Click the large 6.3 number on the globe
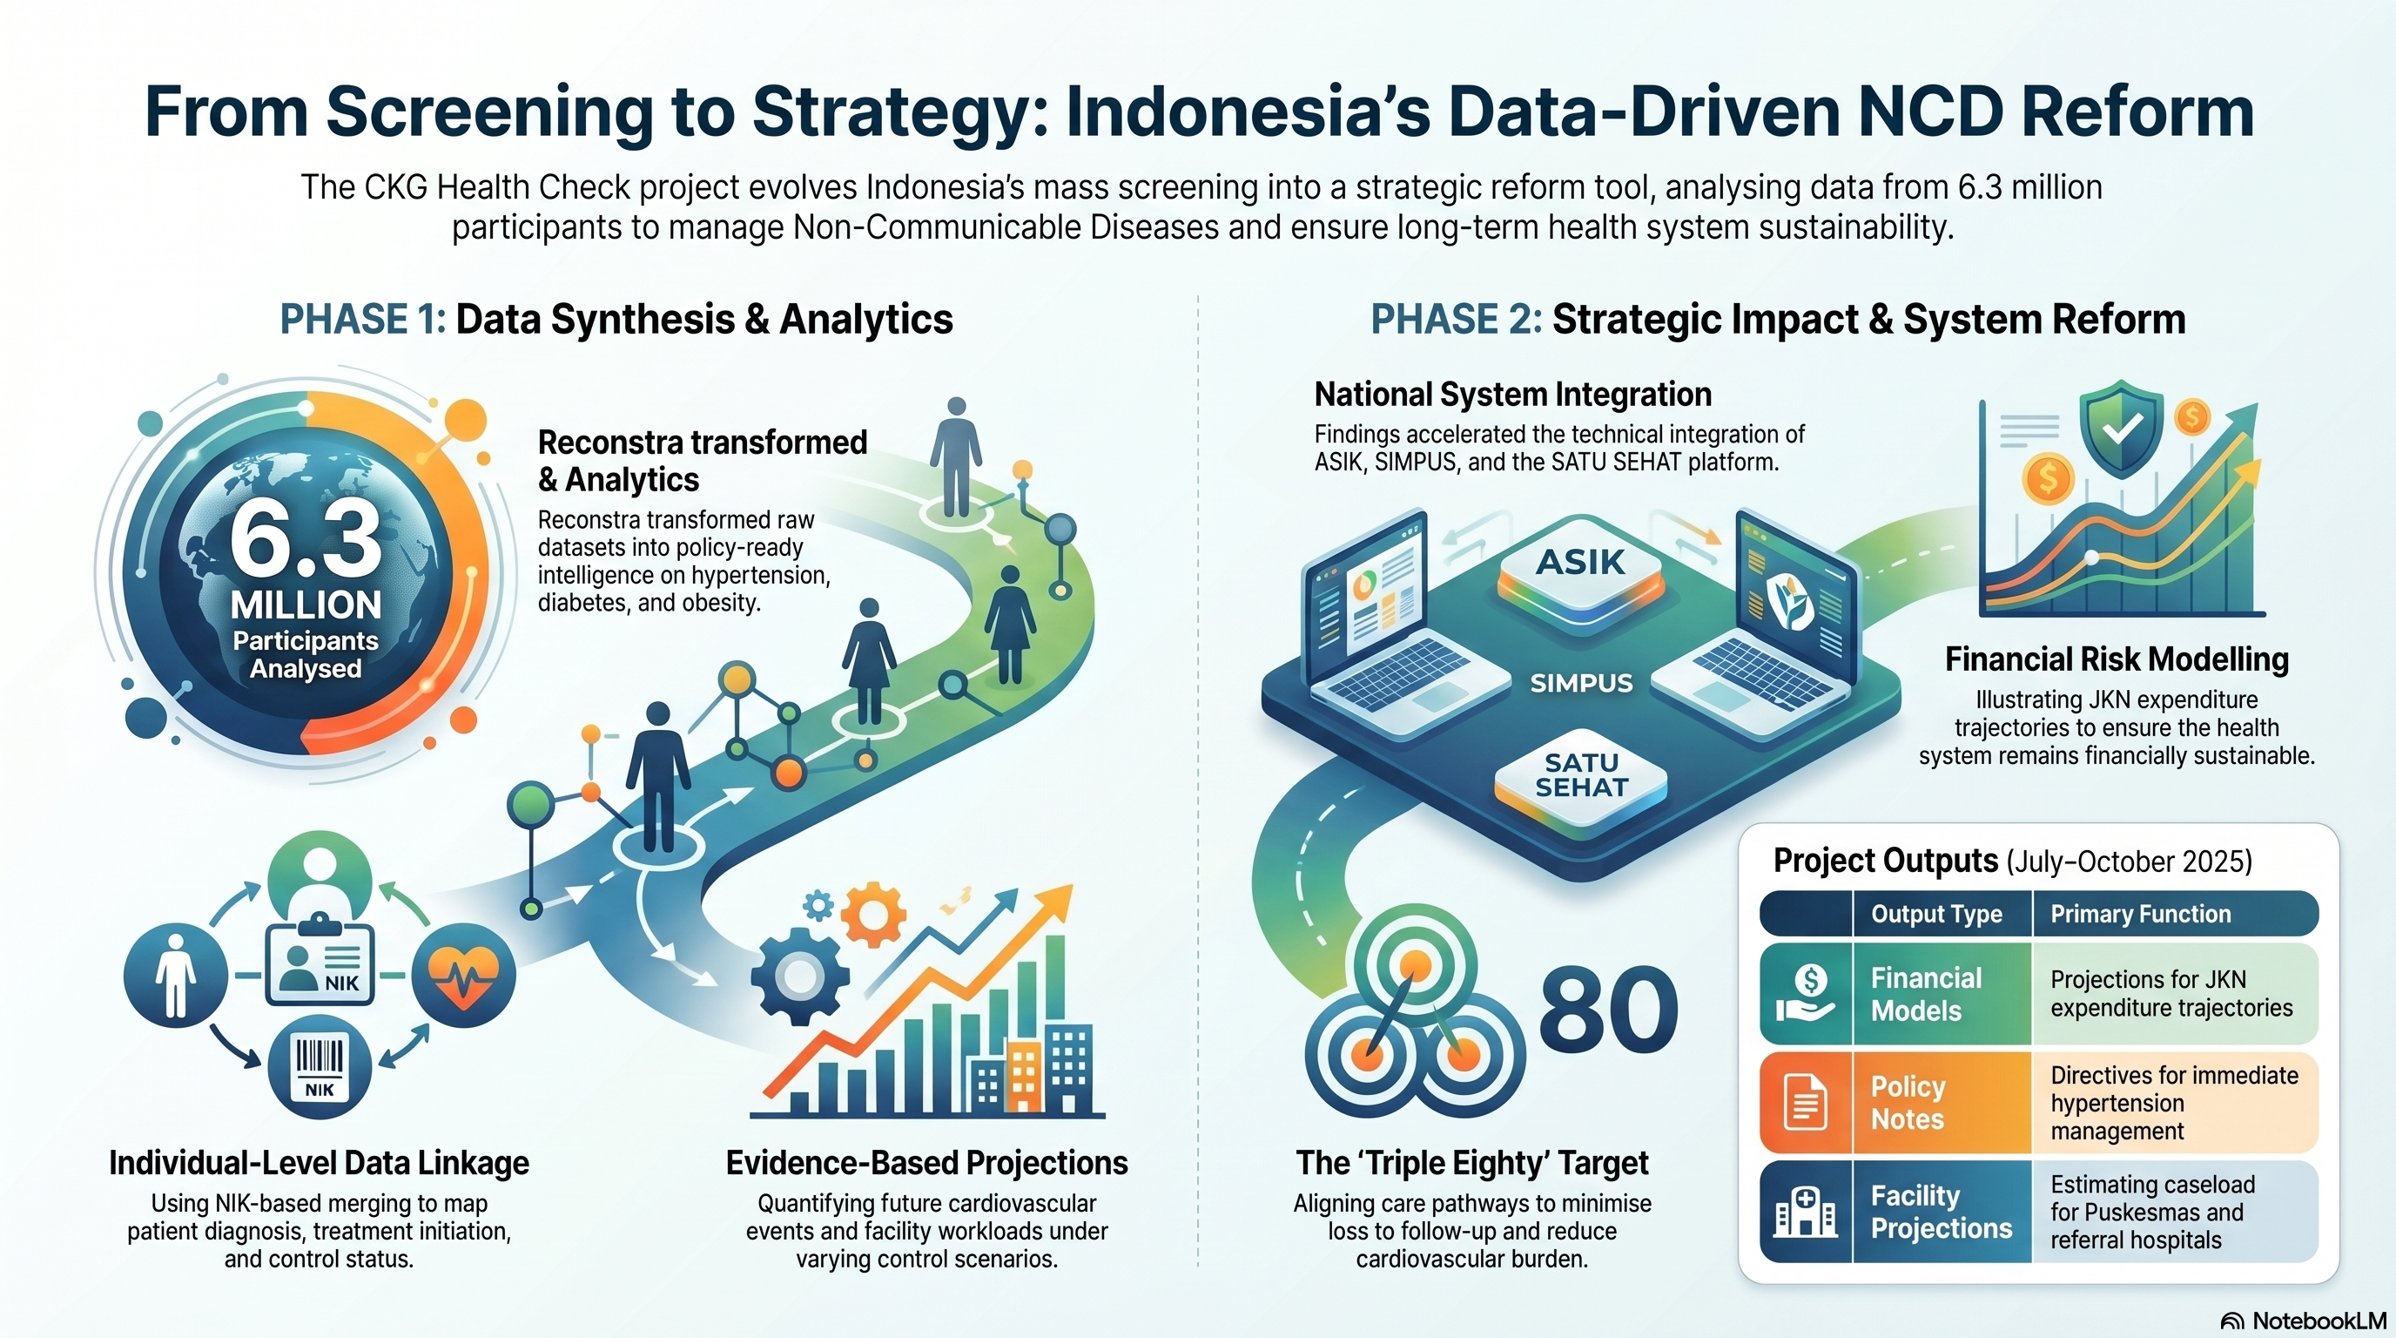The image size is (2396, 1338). [305, 538]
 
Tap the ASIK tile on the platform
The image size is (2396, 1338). [1580, 571]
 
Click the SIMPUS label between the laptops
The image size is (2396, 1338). [1581, 683]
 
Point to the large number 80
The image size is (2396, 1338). [1608, 1010]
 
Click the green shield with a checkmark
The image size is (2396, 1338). [2122, 429]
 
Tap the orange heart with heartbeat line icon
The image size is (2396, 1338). [463, 975]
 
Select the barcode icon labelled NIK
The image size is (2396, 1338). [319, 1067]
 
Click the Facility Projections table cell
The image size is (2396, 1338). [1942, 1212]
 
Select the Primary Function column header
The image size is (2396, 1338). [2140, 914]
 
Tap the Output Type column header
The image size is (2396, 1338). [1936, 914]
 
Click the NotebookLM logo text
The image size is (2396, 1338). [2319, 1321]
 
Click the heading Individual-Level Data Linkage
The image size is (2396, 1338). [319, 1163]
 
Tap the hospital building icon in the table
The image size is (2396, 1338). [1805, 1213]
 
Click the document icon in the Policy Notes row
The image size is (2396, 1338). [1806, 1102]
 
